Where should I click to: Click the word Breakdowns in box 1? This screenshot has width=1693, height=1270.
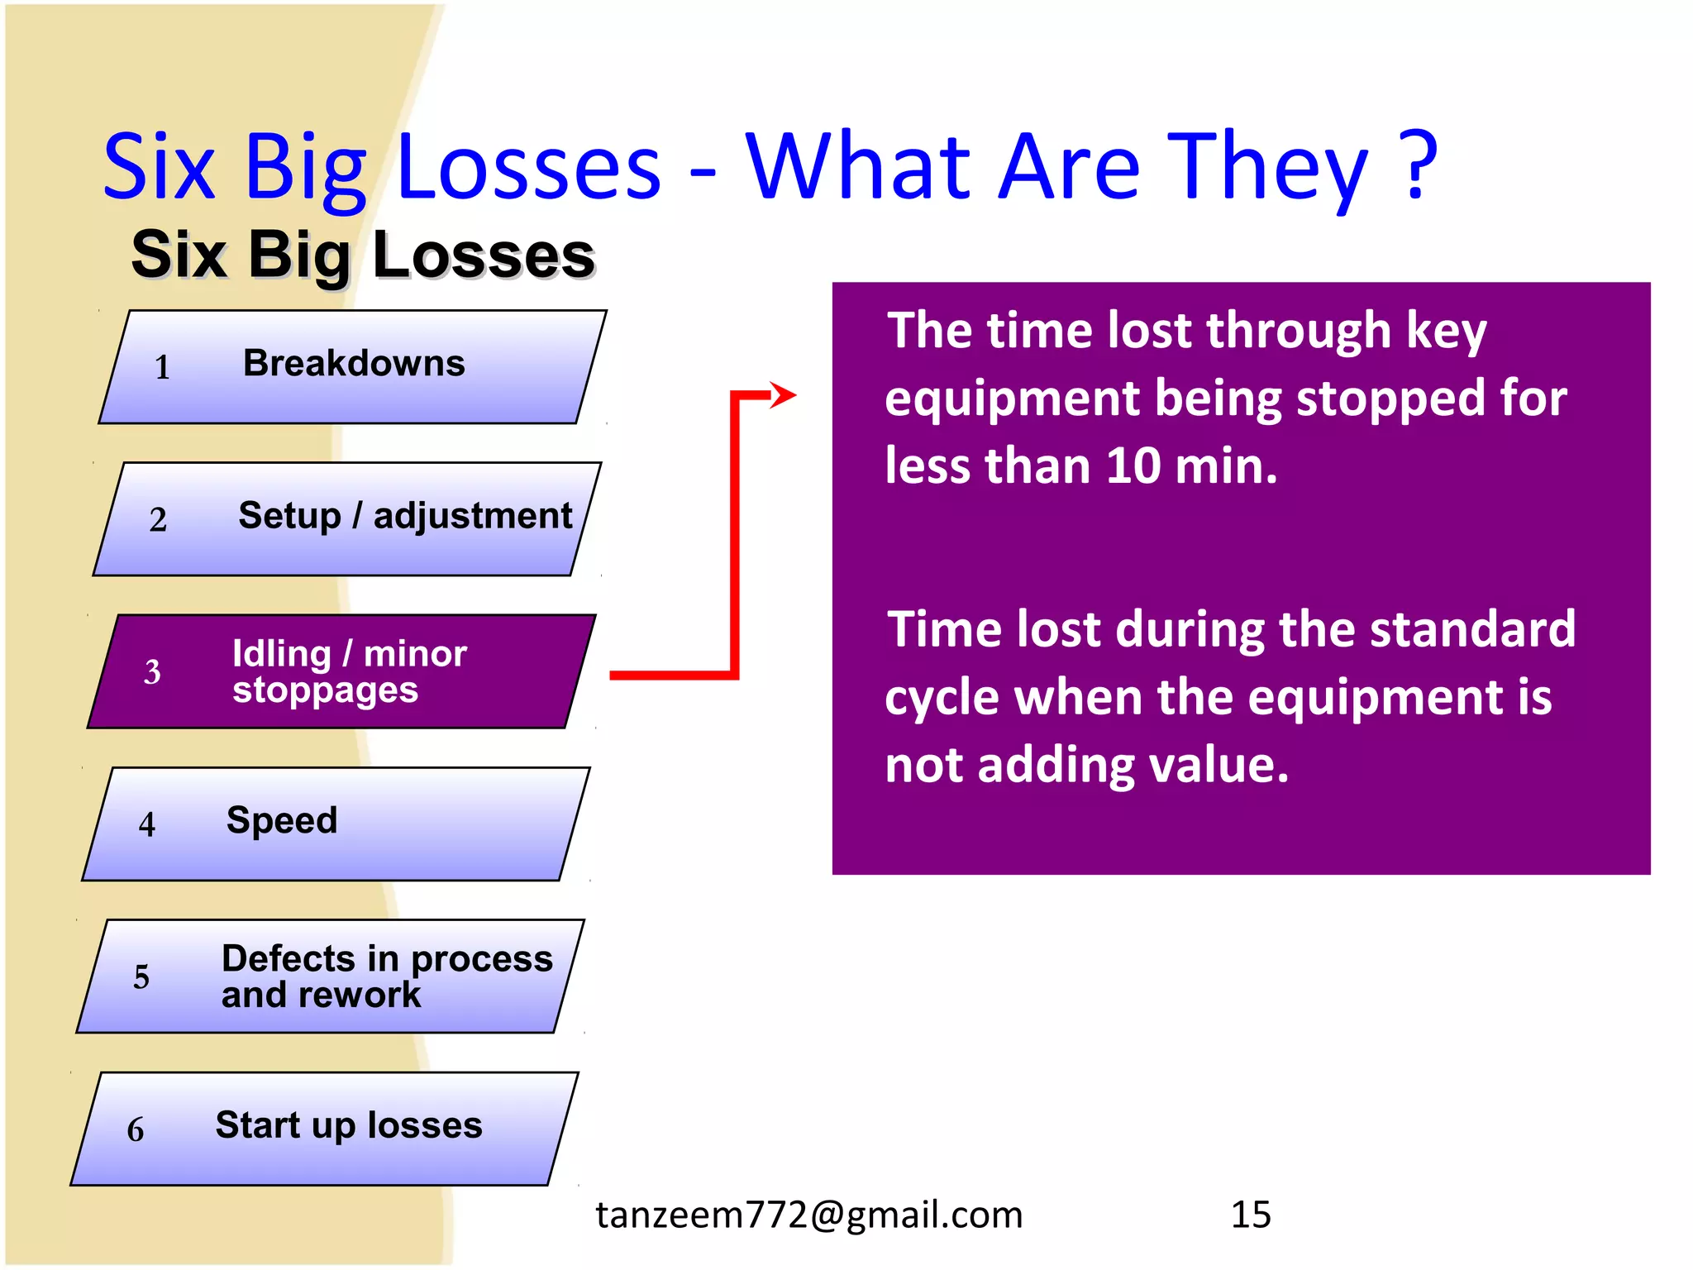point(354,364)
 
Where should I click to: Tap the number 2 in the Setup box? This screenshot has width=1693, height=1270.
point(158,520)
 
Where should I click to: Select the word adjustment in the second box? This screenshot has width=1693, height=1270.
point(472,517)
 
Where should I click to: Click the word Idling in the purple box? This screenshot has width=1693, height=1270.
point(282,654)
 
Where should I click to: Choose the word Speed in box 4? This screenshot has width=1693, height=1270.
point(282,820)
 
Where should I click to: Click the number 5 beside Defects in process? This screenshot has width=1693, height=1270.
point(141,977)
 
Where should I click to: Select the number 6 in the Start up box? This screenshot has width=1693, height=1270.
point(136,1130)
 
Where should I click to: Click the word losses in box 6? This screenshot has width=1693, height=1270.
point(425,1125)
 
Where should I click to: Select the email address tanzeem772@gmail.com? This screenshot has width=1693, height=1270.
point(808,1215)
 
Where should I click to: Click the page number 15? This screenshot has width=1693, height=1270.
point(1251,1215)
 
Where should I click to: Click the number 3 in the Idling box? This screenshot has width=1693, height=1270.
point(152,672)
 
